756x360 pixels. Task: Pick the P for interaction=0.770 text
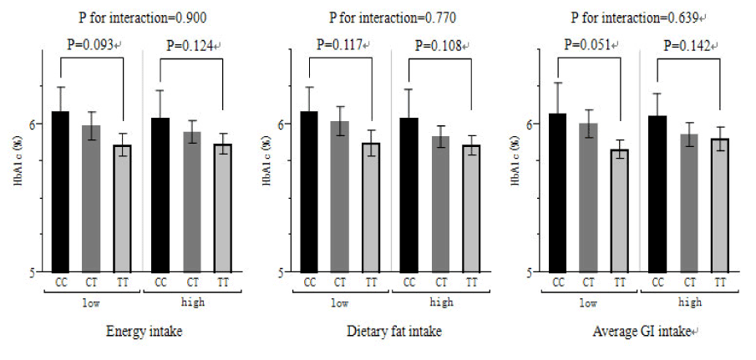coord(393,17)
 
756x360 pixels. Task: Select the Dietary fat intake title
coord(394,332)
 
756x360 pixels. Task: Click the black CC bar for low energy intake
coord(60,191)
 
